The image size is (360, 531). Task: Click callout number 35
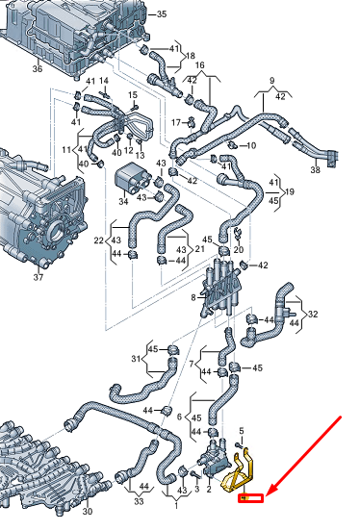click(161, 13)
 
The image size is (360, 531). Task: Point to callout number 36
click(37, 67)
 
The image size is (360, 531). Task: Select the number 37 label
click(38, 278)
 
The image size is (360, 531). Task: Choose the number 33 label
click(139, 502)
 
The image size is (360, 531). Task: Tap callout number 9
click(271, 80)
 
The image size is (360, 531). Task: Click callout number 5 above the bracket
click(241, 428)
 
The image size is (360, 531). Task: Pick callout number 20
click(239, 249)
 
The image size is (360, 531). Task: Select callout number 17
click(174, 122)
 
